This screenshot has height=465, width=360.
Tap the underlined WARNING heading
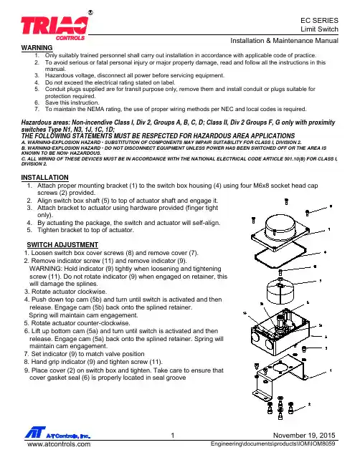[x=37, y=48]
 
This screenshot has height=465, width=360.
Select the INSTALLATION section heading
[x=44, y=178]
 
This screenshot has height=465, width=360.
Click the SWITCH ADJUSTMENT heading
[x=62, y=244]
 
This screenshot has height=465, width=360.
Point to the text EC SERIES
[x=319, y=21]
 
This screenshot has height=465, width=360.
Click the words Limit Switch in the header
[x=319, y=29]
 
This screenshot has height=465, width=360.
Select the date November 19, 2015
[x=304, y=436]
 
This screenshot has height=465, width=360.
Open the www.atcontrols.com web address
[x=59, y=444]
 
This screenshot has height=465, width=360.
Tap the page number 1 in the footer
[x=173, y=436]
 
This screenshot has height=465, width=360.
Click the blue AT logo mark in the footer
[x=35, y=432]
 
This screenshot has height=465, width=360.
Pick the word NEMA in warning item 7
[x=95, y=109]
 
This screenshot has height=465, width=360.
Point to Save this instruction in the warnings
[x=72, y=102]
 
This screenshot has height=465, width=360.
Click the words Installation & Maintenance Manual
[x=284, y=41]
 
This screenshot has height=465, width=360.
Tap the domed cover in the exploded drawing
[x=280, y=226]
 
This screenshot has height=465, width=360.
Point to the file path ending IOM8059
[x=273, y=444]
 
